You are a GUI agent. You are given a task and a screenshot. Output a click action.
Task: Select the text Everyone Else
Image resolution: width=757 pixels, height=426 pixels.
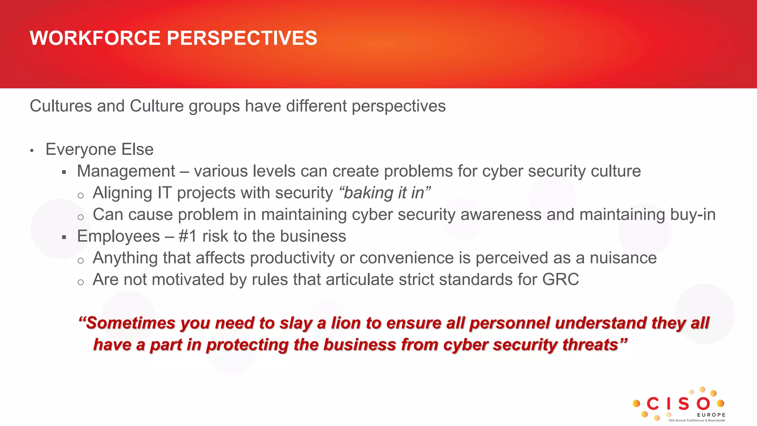point(99,149)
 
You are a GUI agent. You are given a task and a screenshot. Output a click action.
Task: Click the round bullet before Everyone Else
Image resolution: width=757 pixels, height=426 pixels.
point(32,151)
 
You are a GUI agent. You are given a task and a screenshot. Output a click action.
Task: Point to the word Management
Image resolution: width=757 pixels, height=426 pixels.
point(126,171)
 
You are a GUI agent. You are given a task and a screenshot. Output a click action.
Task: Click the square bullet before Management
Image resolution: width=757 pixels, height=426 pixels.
point(64,172)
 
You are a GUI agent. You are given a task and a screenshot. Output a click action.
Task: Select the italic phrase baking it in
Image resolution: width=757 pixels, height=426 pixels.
point(384,193)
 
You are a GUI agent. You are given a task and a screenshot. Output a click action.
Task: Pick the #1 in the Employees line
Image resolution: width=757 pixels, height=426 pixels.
point(188,236)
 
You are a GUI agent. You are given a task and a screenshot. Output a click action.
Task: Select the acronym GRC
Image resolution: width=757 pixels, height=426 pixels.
point(560,280)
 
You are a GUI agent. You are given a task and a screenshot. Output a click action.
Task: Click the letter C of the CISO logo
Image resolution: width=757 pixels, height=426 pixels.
point(653,404)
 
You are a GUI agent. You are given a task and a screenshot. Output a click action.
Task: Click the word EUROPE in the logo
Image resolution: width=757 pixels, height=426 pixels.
point(711,415)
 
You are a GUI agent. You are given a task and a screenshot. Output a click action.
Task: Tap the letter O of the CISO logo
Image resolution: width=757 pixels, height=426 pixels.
point(703,404)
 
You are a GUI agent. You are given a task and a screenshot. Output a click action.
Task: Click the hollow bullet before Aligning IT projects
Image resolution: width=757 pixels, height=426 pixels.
point(81,196)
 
